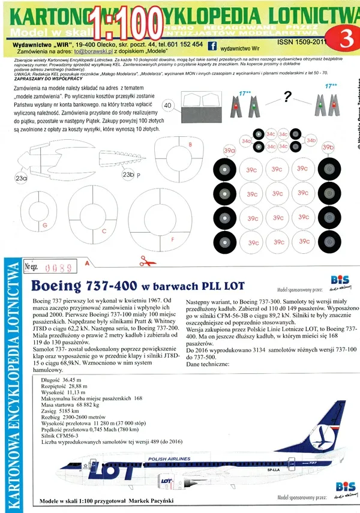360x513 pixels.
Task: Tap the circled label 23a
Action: tap(21, 178)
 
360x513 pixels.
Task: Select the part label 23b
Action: tap(128, 175)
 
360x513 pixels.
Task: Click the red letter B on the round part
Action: tap(190, 145)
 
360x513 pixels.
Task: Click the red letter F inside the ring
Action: tap(173, 239)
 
